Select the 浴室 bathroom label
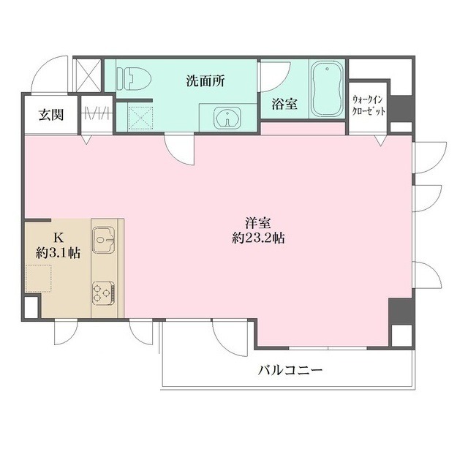point(284,104)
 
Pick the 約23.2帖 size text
point(254,239)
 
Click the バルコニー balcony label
point(290,371)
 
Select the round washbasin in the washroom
point(224,117)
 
